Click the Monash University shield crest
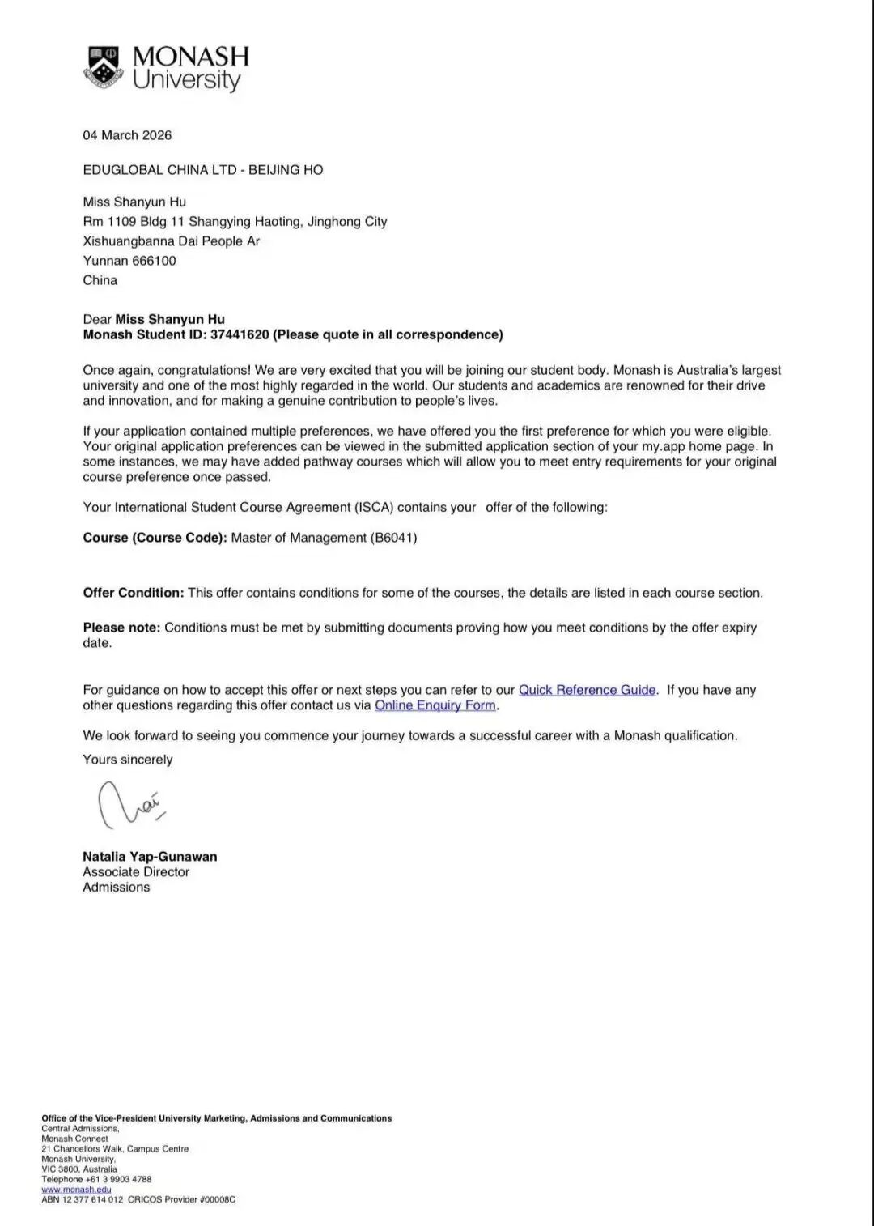(x=102, y=67)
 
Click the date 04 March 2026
(x=127, y=135)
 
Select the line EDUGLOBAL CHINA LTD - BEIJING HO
(x=202, y=170)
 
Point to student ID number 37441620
(x=240, y=334)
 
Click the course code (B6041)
(x=394, y=538)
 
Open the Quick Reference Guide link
(x=587, y=690)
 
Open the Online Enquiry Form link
(x=435, y=705)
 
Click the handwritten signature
(x=129, y=804)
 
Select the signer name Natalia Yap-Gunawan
(x=150, y=857)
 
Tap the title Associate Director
(x=136, y=872)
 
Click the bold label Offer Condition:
(x=134, y=593)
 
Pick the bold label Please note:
(x=121, y=628)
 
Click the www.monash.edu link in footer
(x=76, y=1190)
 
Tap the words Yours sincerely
(x=128, y=760)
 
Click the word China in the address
(x=100, y=280)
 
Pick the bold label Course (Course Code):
(x=155, y=538)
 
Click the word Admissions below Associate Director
(x=117, y=888)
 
